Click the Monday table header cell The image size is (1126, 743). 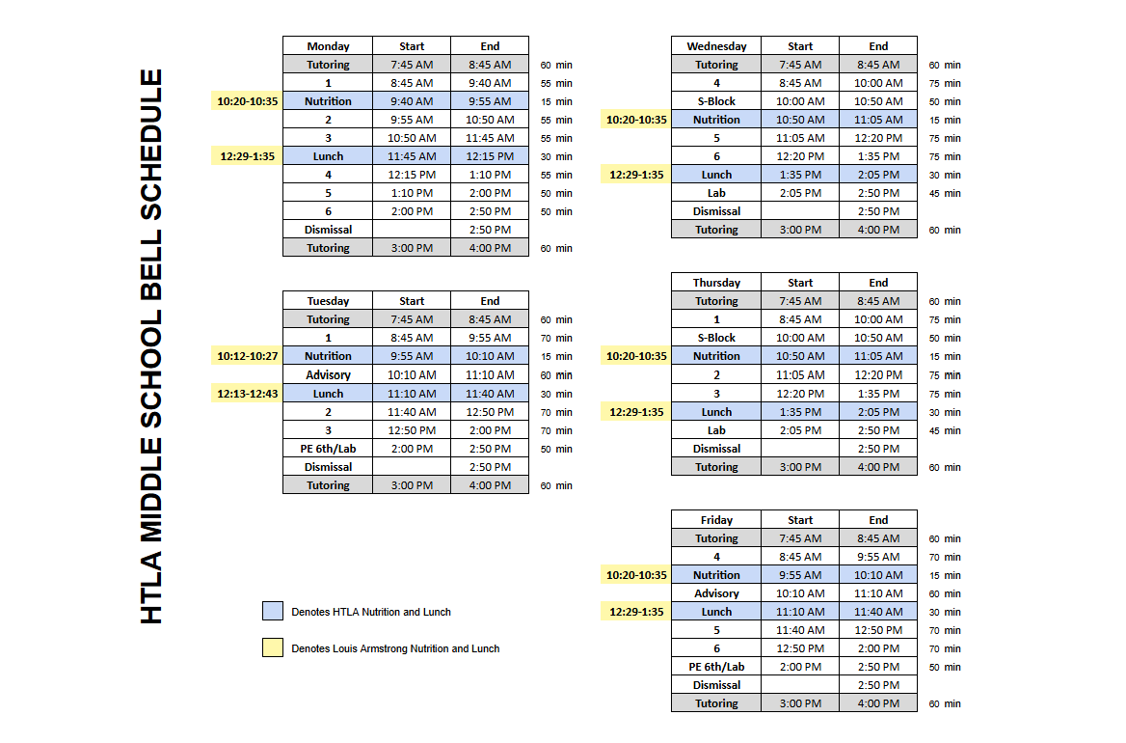point(328,46)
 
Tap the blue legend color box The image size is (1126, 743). point(273,611)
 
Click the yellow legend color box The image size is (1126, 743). point(273,647)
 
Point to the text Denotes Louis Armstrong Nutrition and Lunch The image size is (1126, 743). point(395,648)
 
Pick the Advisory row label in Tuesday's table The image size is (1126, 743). point(328,375)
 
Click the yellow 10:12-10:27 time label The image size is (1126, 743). point(248,356)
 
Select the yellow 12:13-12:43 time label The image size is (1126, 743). point(248,394)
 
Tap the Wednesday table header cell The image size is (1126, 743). point(716,46)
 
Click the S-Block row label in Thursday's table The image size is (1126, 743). point(716,338)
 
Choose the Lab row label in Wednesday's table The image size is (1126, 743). point(716,193)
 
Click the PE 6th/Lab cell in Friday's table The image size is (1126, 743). point(716,667)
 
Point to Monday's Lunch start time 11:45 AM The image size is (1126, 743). point(412,156)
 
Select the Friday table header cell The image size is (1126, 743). point(716,520)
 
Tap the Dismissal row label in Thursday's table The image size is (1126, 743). point(716,449)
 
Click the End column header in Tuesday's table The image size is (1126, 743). point(490,301)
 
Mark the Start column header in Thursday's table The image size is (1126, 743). point(800,283)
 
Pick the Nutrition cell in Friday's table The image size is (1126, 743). point(716,575)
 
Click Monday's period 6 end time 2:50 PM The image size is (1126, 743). point(490,211)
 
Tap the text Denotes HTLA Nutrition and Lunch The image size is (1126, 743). point(371,612)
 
